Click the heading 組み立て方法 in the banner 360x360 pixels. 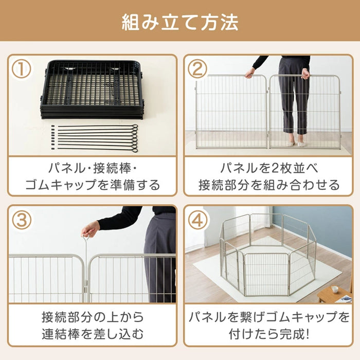click(180, 22)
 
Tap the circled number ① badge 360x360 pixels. click(21, 69)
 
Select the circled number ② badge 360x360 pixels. click(197, 69)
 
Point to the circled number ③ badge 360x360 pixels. click(21, 220)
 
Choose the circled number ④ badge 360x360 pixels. click(197, 220)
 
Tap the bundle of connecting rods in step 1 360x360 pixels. click(98, 138)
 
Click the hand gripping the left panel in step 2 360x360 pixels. click(250, 73)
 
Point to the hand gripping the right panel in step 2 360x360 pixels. click(306, 74)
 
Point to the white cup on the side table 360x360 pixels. click(334, 289)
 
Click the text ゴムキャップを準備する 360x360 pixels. click(93, 185)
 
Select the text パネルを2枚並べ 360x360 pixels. click(268, 168)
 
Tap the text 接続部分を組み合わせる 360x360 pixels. click(268, 185)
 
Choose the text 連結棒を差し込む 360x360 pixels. click(93, 335)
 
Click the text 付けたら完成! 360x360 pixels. click(268, 335)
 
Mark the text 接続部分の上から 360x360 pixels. click(93, 317)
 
